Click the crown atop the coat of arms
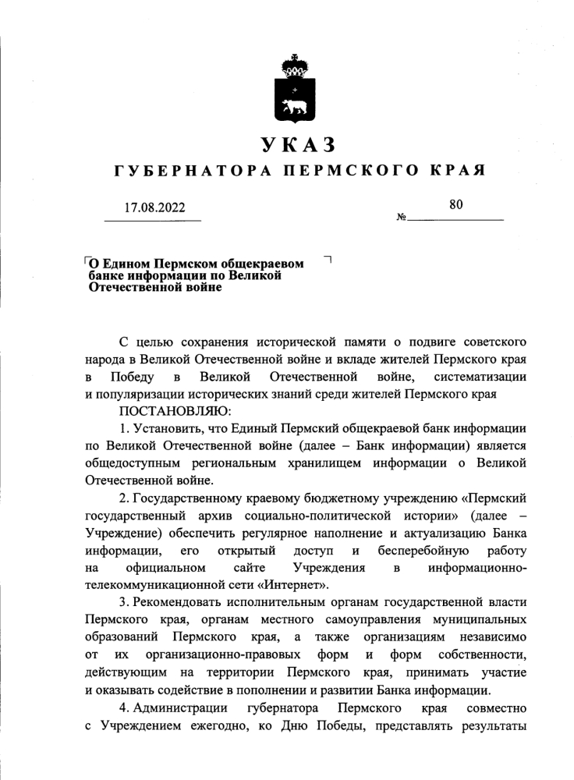pyautogui.click(x=295, y=66)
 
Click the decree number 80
pyautogui.click(x=456, y=205)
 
